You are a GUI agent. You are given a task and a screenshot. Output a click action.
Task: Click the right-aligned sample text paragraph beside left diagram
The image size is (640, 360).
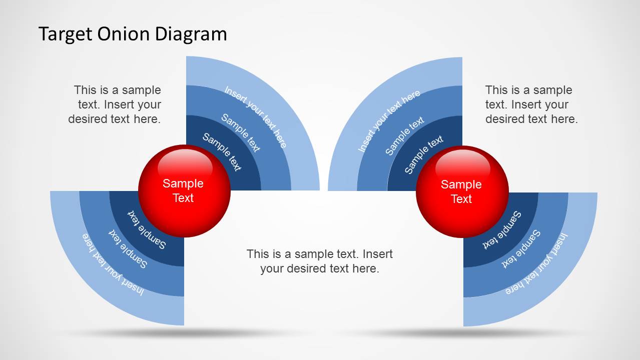pos(115,104)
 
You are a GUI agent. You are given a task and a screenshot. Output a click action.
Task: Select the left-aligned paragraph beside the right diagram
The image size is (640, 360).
pos(531,104)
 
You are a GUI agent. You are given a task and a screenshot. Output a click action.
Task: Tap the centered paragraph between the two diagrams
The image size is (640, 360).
pos(320,261)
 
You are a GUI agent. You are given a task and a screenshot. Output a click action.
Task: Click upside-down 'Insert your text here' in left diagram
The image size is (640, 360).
pos(113,264)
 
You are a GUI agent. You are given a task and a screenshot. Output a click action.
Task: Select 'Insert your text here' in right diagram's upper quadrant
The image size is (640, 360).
pos(389,121)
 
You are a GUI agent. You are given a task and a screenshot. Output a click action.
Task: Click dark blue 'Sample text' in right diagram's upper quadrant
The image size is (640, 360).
pos(424,154)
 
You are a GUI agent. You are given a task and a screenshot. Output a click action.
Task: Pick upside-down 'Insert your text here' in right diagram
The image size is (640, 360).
pos(537,263)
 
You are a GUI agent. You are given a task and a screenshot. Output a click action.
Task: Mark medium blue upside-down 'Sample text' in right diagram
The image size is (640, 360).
pos(521,248)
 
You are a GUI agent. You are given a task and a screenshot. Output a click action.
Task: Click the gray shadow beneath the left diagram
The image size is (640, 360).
pos(184,332)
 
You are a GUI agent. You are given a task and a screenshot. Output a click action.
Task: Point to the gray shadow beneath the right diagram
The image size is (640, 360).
pos(463,332)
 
